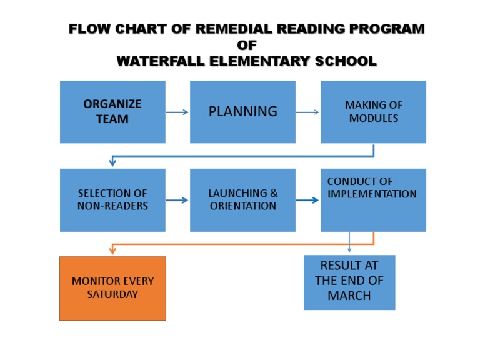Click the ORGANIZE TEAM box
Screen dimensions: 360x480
112,112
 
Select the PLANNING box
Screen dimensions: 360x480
242,112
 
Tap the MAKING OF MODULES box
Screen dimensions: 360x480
373,112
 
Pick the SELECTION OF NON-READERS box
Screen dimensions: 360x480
112,200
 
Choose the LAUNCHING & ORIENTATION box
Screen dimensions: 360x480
242,200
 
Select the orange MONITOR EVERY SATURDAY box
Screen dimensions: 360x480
112,288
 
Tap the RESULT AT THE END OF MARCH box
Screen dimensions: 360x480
349,282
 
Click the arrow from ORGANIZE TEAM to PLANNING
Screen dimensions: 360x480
177,112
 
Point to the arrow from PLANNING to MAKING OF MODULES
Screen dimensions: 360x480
307,112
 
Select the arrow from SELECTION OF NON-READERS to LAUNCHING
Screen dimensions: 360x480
177,200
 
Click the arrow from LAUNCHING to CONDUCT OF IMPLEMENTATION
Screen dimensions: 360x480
307,200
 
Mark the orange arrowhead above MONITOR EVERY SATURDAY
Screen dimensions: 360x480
112,251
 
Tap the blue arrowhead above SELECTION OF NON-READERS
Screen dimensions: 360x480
112,162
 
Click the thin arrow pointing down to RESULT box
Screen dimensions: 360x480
349,242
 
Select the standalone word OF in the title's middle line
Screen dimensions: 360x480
247,45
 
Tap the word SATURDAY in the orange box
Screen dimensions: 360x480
112,294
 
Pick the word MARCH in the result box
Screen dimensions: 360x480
349,296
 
